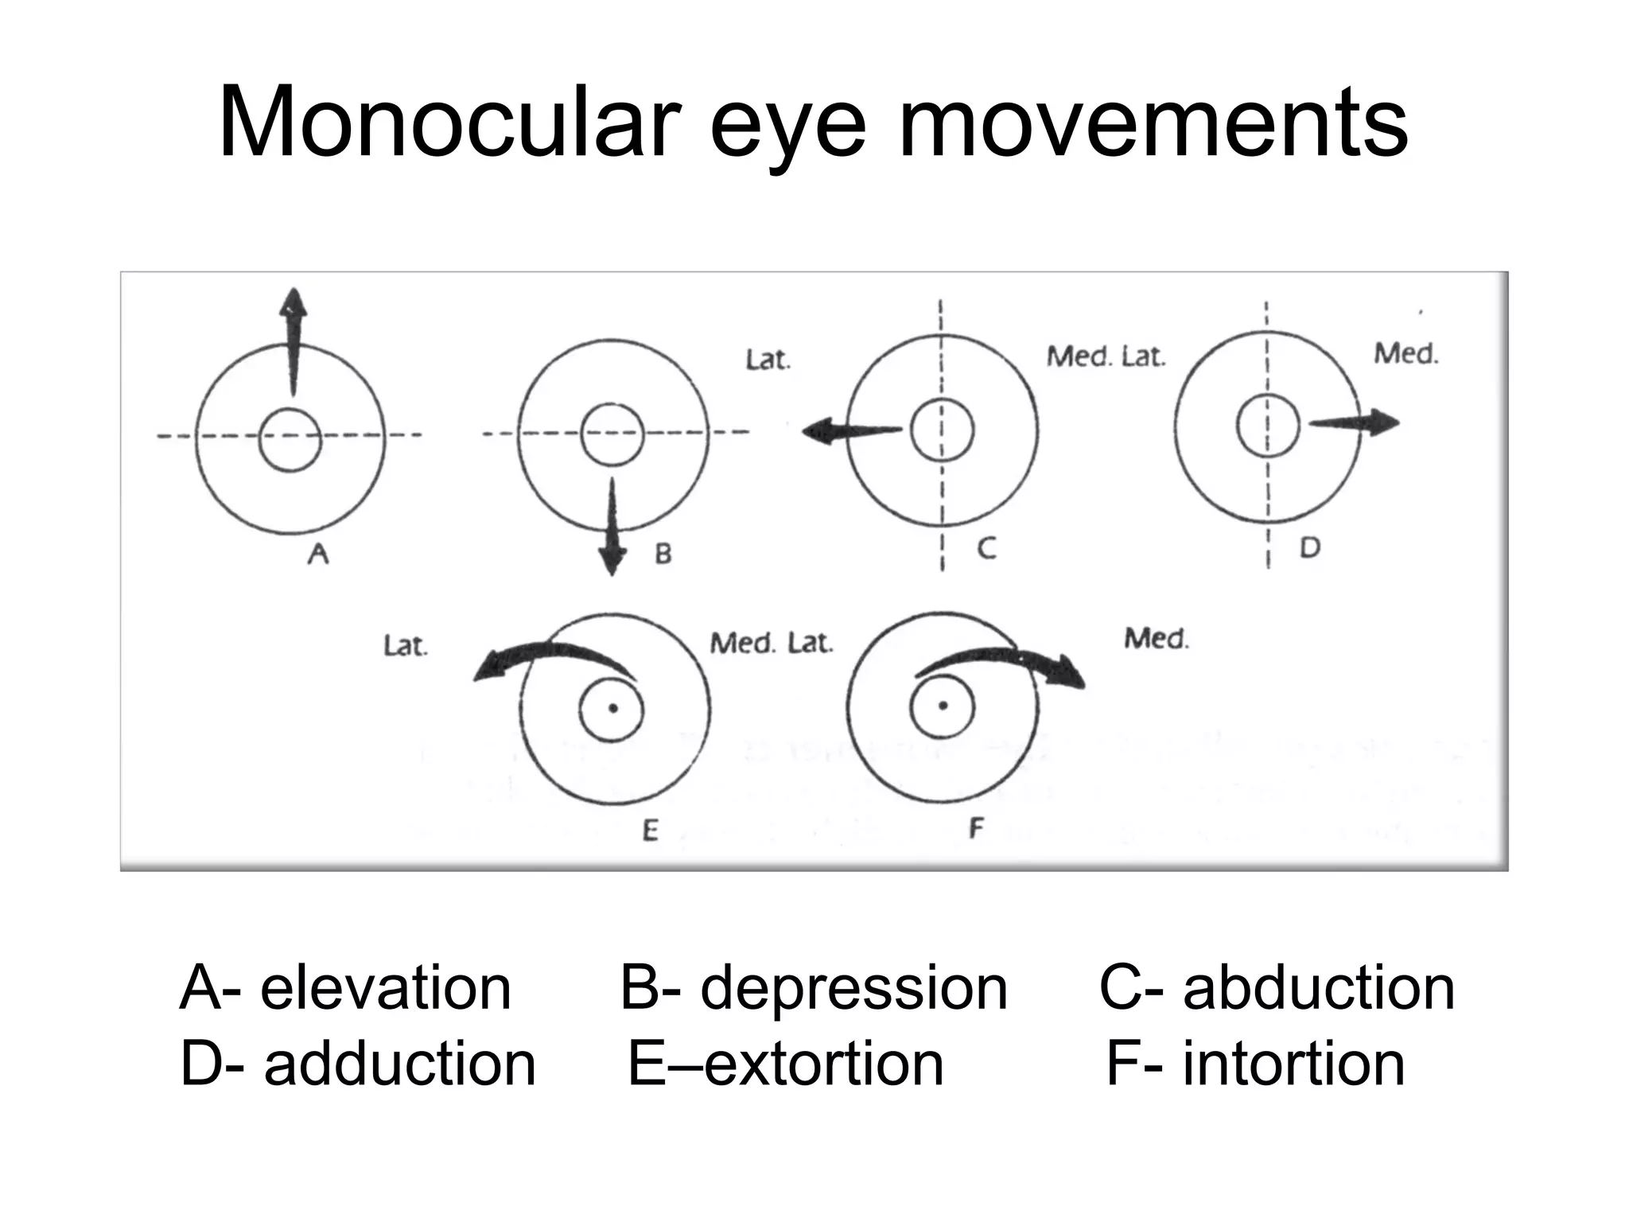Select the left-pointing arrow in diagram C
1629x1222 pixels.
tap(851, 431)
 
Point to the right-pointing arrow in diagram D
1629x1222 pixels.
tap(1355, 423)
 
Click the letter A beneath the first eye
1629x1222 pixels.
tap(318, 552)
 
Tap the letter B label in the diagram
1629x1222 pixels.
tap(663, 553)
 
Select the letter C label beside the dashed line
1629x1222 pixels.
tap(986, 548)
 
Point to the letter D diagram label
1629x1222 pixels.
tap(1309, 547)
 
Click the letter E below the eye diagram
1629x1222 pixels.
tap(650, 831)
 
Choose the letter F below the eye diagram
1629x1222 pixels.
tap(976, 828)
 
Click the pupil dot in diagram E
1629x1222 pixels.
tap(612, 708)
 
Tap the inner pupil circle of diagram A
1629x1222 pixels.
tap(290, 440)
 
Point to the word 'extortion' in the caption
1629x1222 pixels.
tap(824, 1064)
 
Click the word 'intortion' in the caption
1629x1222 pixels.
tap(1293, 1064)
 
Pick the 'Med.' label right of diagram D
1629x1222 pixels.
tap(1406, 353)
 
